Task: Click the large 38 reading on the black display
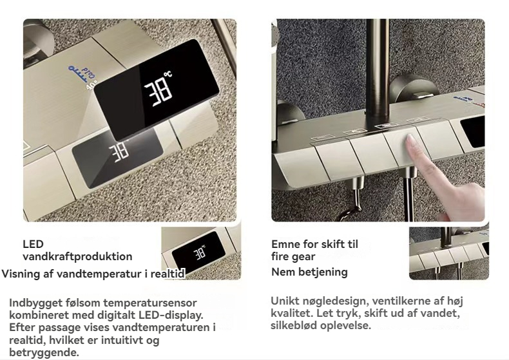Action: pos(158,92)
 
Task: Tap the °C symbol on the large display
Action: pos(168,75)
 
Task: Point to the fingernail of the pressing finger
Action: pos(412,140)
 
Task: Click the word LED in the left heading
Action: pos(33,244)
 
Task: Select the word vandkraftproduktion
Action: pos(77,256)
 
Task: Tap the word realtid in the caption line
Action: pos(168,274)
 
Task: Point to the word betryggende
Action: pos(44,352)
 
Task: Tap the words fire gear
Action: pos(293,257)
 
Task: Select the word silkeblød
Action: pos(294,325)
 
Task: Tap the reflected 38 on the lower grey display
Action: pos(119,152)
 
